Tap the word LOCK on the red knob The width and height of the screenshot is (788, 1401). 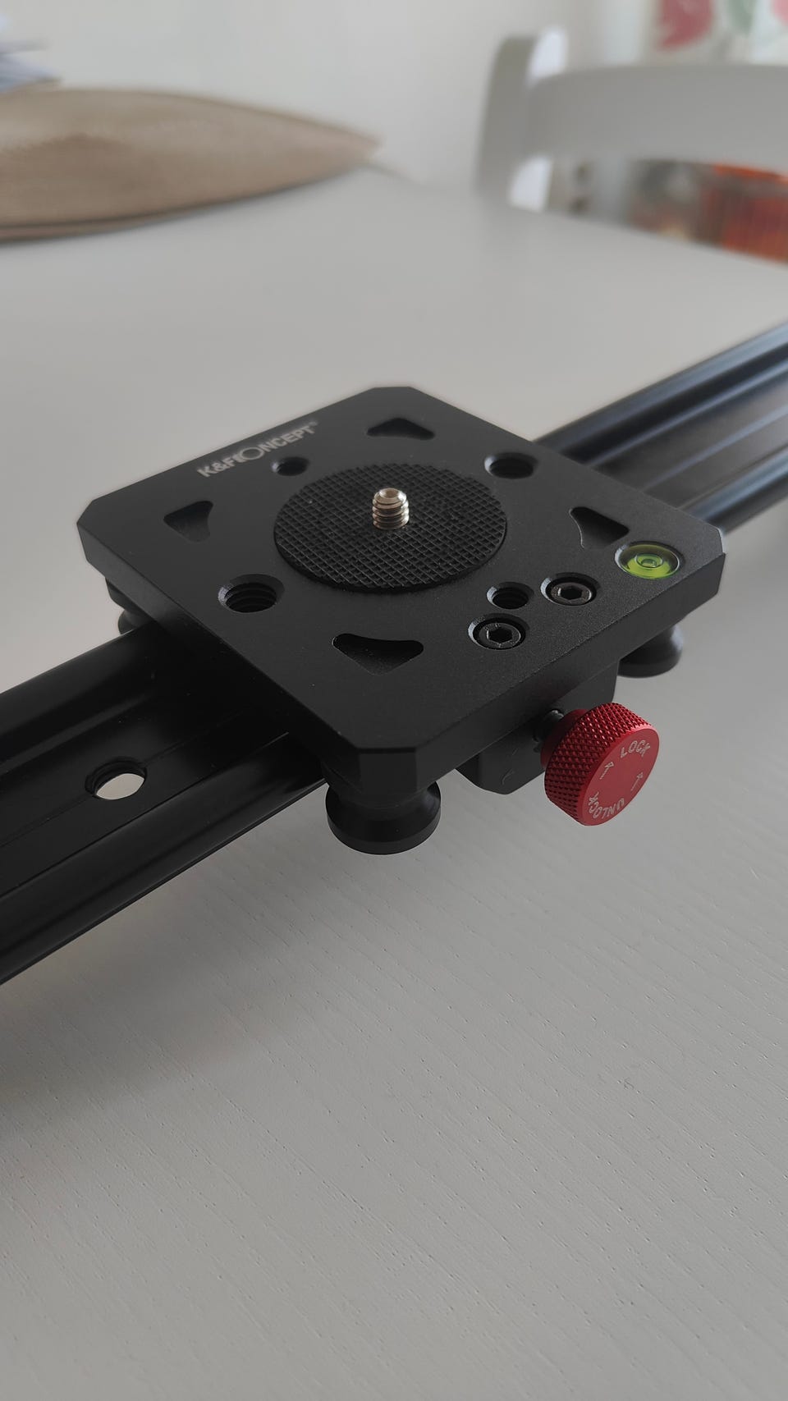point(635,749)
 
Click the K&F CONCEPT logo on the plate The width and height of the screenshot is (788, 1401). point(258,448)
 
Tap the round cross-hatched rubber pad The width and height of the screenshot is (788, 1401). point(390,527)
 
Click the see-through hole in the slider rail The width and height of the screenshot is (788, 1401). point(117,781)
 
